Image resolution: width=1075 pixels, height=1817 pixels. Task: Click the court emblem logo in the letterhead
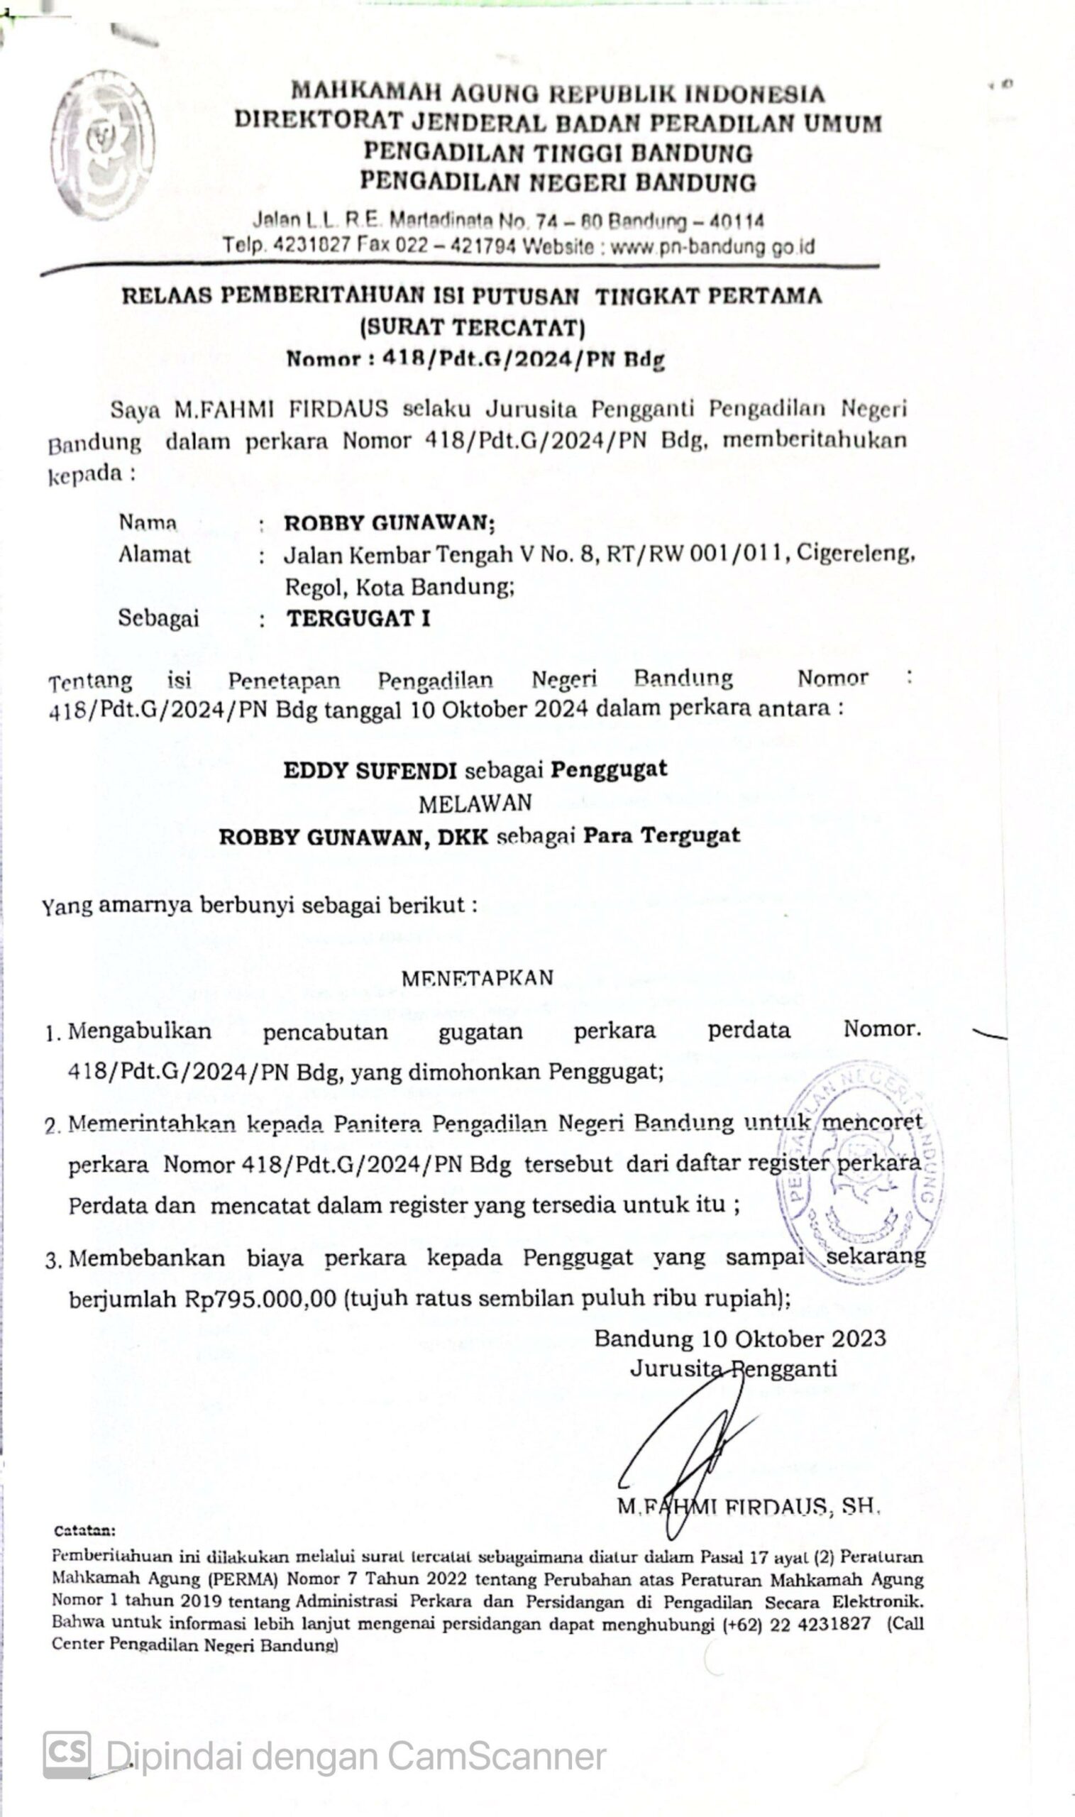coord(102,144)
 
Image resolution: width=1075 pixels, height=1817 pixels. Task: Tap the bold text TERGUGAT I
coord(358,619)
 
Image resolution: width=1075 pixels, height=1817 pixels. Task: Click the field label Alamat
coord(154,555)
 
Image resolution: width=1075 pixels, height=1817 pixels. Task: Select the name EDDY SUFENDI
coord(370,770)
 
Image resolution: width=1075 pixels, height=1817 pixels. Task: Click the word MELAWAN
coord(475,803)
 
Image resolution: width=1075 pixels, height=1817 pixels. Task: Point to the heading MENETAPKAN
coord(477,978)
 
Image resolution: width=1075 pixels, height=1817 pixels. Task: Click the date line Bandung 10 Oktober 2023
coord(739,1338)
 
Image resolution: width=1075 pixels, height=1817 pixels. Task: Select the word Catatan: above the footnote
coord(84,1531)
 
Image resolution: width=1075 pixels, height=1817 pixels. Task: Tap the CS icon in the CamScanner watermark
coord(67,1755)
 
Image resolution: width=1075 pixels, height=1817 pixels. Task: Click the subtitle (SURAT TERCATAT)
coord(473,328)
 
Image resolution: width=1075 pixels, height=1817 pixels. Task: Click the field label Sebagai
coord(158,619)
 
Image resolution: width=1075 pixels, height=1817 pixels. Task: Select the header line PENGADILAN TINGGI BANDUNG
coord(558,153)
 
